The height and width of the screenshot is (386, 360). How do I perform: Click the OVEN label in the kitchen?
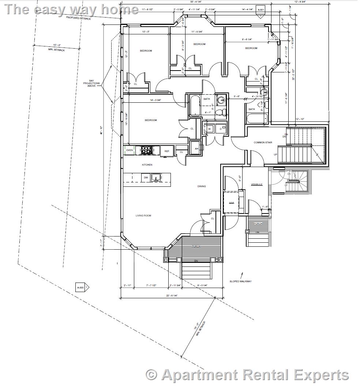click(x=130, y=150)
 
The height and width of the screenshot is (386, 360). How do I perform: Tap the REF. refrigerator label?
click(x=167, y=151)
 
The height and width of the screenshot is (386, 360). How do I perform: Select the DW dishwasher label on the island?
click(x=146, y=178)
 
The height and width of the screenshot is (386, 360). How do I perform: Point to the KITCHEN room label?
click(x=147, y=165)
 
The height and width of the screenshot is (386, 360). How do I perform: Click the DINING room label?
click(x=202, y=186)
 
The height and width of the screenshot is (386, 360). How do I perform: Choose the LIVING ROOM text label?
click(x=143, y=216)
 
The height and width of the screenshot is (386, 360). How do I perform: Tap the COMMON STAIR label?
click(x=263, y=142)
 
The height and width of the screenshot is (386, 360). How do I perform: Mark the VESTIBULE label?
click(x=256, y=185)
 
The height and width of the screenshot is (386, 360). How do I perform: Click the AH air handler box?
click(x=196, y=148)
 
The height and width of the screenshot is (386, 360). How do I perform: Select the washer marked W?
click(x=210, y=129)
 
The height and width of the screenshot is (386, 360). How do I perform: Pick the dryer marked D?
click(x=221, y=129)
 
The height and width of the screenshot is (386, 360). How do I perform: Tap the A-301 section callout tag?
click(x=260, y=10)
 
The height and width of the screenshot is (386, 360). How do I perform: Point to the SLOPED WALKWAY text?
click(x=240, y=281)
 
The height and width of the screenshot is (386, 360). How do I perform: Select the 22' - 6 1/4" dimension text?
click(x=172, y=296)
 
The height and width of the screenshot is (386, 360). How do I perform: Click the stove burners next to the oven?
click(x=147, y=150)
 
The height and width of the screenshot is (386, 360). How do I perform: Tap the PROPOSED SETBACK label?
click(x=78, y=18)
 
